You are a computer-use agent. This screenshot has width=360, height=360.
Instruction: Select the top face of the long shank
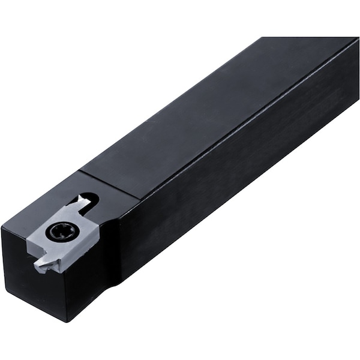pyautogui.click(x=210, y=114)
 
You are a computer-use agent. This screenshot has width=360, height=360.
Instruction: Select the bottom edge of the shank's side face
pyautogui.click(x=240, y=228)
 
